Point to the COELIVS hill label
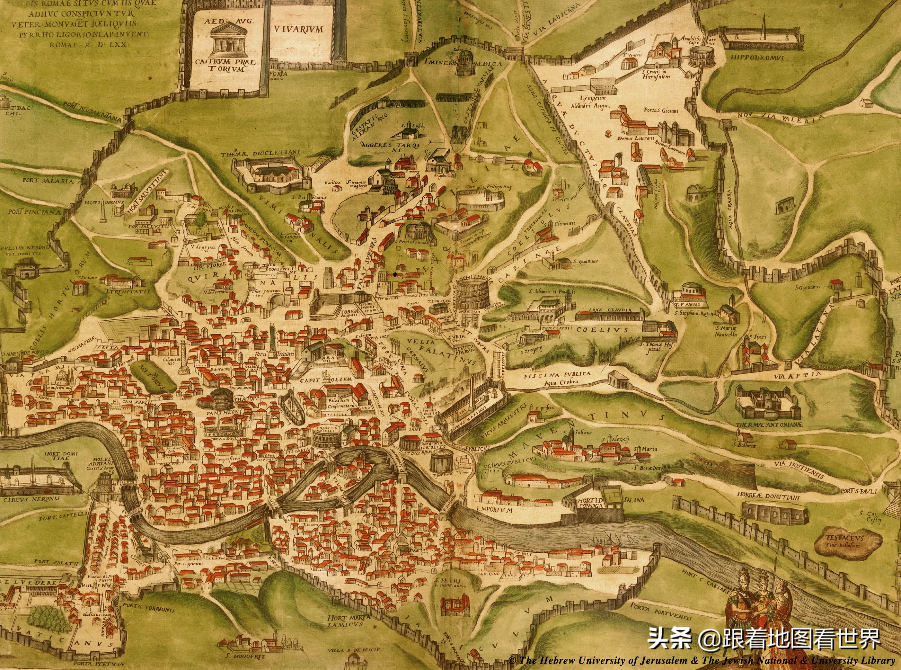(602, 330)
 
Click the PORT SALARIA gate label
(42, 180)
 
